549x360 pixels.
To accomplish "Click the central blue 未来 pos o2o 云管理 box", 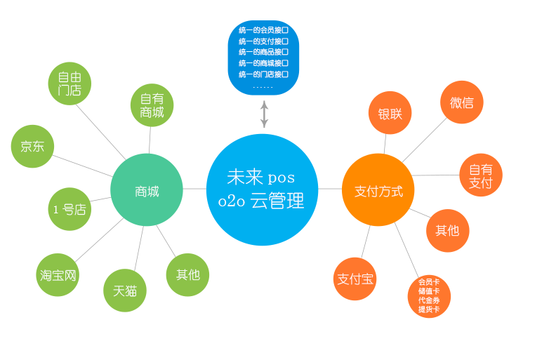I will (x=262, y=189).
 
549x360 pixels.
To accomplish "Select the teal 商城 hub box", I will (x=147, y=190).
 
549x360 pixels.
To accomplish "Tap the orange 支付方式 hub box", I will (x=378, y=190).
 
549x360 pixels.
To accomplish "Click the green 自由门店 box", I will (x=70, y=84).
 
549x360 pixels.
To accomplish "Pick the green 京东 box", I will (x=32, y=146).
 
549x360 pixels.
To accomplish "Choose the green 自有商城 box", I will (x=152, y=105).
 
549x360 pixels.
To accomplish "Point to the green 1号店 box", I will (x=70, y=209).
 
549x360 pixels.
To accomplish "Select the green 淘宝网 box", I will (x=58, y=274).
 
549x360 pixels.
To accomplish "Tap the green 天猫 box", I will (x=125, y=291).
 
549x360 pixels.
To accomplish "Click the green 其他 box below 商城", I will (x=187, y=274).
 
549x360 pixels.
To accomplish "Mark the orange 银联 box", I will (x=390, y=113).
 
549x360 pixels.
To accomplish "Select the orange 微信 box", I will (x=461, y=102).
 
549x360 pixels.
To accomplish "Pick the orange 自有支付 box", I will (x=480, y=175).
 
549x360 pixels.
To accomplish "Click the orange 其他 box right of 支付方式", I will (x=447, y=230).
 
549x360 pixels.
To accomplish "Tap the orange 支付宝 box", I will (x=355, y=279).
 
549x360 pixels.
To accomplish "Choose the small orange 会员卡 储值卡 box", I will (x=429, y=296).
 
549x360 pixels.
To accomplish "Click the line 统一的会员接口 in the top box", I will (x=263, y=30).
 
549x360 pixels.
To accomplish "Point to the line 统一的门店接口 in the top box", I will (x=263, y=74).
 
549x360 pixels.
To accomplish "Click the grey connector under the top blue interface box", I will (x=264, y=114).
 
